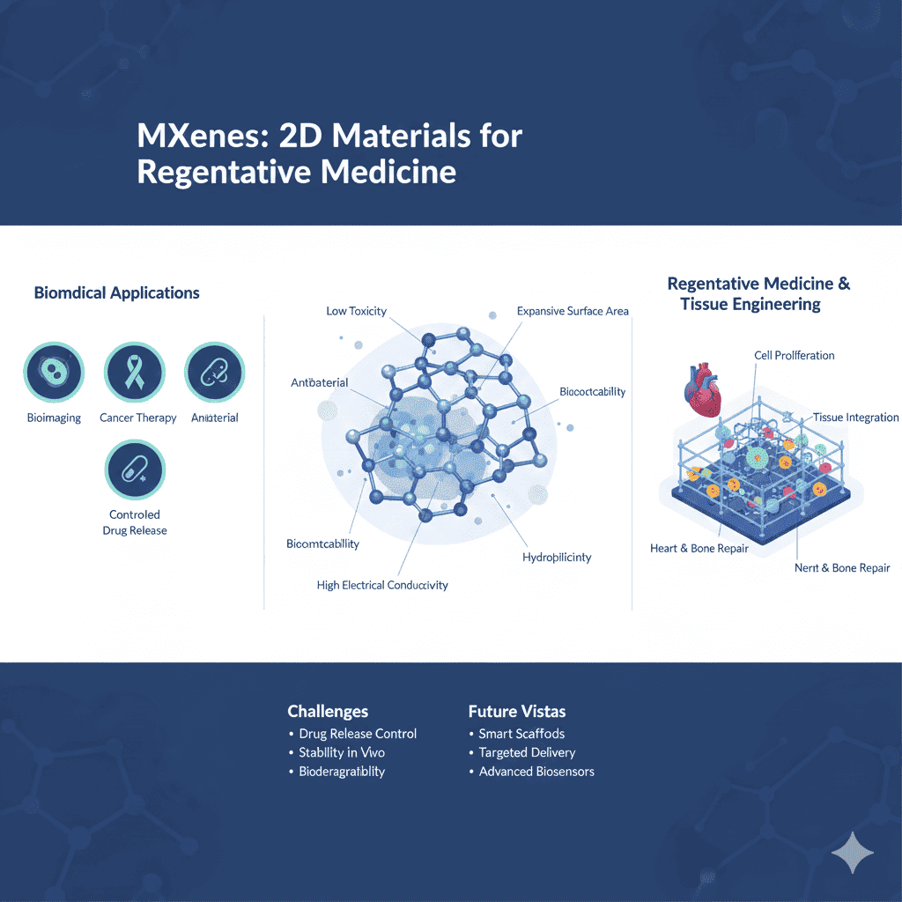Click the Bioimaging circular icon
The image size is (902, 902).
pos(54,373)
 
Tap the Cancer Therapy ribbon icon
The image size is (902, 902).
pos(135,373)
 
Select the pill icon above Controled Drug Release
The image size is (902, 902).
pos(135,469)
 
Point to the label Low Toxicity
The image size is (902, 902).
pos(356,311)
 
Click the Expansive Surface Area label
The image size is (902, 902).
pos(573,311)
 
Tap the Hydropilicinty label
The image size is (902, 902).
pos(557,557)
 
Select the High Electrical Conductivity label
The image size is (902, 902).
pos(382,585)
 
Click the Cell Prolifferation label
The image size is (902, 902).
pos(795,355)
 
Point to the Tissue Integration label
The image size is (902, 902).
pos(855,418)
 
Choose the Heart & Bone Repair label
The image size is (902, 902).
pos(699,549)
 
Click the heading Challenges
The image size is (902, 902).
pos(328,711)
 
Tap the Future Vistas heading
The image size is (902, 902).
pos(517,711)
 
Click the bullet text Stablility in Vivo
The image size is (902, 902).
pos(342,752)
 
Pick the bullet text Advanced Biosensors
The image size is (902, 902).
pos(536,772)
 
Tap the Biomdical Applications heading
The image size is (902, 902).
pos(117,292)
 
